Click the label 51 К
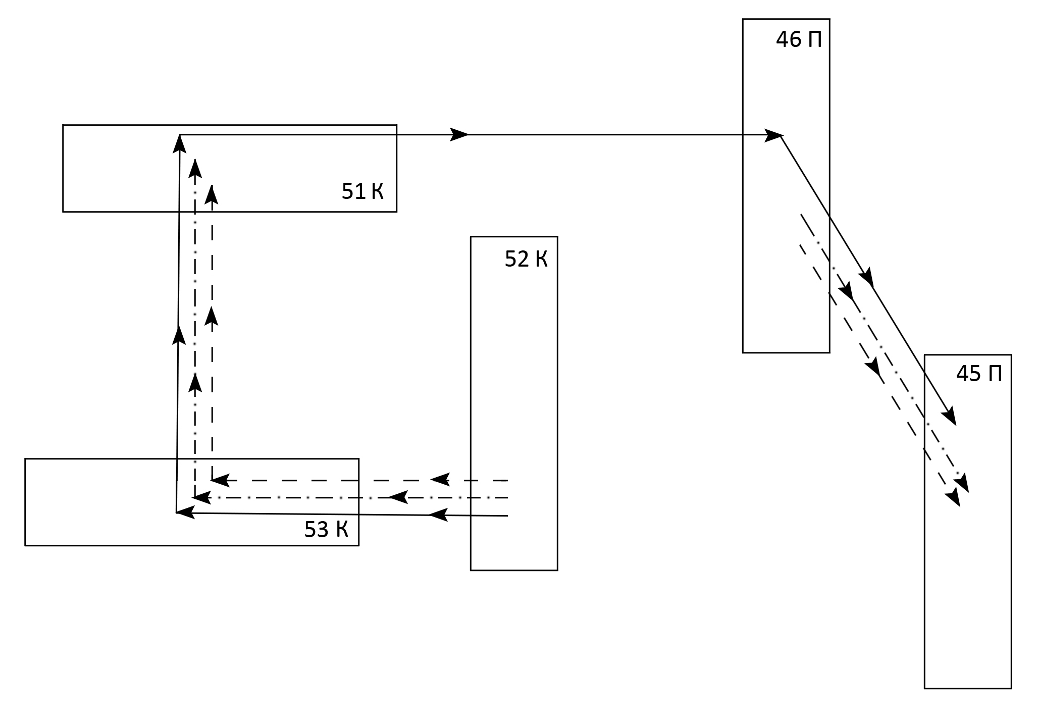[x=362, y=192]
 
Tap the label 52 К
[x=526, y=260]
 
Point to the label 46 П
[x=799, y=40]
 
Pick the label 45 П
[x=979, y=374]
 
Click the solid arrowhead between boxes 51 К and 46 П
[x=459, y=135]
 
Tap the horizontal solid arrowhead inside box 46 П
[x=773, y=135]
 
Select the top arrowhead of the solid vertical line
[x=180, y=143]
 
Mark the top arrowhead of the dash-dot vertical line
[x=195, y=168]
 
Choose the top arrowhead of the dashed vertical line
[x=212, y=194]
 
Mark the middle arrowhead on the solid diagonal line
[x=867, y=278]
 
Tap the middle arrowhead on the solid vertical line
[x=178, y=335]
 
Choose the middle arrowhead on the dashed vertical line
[x=212, y=316]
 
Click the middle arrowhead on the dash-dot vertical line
[x=195, y=382]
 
